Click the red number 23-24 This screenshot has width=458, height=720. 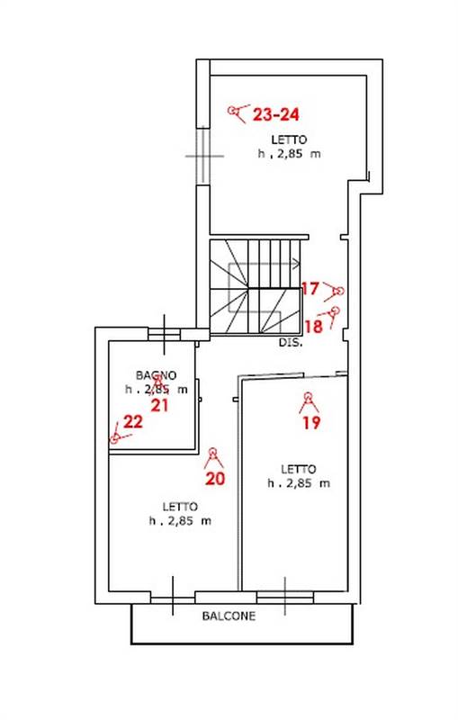click(x=276, y=114)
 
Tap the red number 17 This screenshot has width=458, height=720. click(x=310, y=289)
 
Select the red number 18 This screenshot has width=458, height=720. click(x=314, y=327)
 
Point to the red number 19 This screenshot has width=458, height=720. click(x=311, y=422)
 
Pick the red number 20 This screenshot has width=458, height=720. click(x=215, y=479)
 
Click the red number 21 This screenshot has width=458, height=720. click(x=159, y=406)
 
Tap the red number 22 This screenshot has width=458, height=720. click(x=133, y=421)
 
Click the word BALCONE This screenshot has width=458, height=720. click(x=229, y=616)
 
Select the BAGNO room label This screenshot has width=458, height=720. click(x=156, y=375)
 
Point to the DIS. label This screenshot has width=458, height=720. click(x=291, y=343)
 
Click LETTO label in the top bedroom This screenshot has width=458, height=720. click(x=289, y=139)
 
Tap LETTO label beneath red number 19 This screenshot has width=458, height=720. click(x=299, y=469)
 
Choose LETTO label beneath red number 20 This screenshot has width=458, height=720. click(x=180, y=507)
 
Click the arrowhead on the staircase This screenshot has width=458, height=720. click(x=297, y=264)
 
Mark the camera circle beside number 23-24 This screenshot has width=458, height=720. click(x=232, y=110)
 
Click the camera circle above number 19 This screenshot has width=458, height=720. click(x=308, y=396)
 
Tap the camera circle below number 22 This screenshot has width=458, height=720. click(x=114, y=439)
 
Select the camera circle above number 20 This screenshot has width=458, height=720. click(x=212, y=452)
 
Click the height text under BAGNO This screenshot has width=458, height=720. click(x=157, y=390)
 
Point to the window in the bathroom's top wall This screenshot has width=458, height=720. click(x=165, y=334)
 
